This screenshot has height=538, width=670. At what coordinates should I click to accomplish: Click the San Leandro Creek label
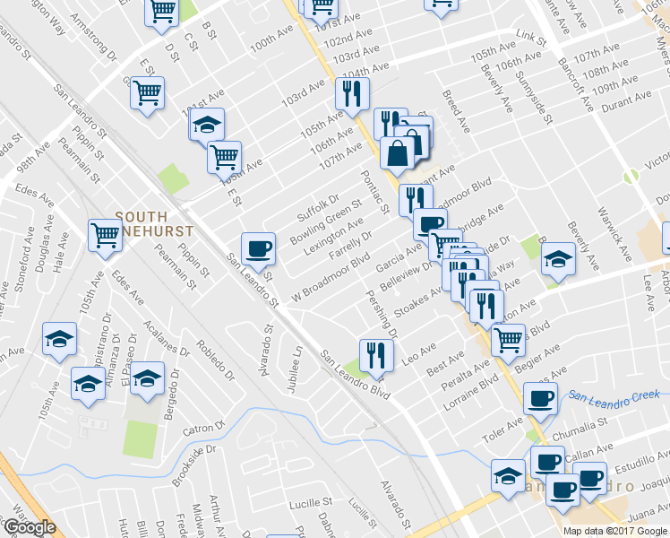[618, 395]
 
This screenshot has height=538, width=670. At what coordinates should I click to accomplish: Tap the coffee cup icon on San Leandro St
[258, 248]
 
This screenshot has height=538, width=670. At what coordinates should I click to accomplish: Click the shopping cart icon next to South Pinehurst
[106, 236]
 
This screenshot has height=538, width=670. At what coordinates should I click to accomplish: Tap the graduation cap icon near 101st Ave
[207, 124]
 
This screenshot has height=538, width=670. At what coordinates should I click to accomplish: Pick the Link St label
[532, 38]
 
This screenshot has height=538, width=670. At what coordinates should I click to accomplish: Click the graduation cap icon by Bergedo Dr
[148, 379]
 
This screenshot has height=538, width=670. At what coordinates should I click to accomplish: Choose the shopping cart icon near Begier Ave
[509, 339]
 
